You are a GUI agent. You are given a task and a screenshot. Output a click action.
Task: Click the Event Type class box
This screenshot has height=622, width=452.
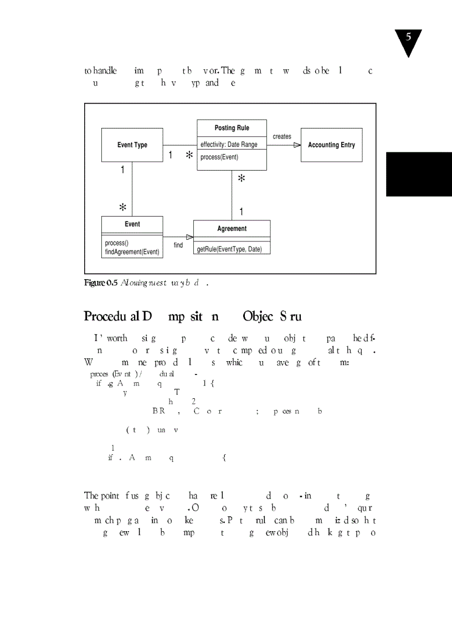pos(132,145)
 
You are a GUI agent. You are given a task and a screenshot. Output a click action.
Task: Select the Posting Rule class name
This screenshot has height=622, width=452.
pos(232,128)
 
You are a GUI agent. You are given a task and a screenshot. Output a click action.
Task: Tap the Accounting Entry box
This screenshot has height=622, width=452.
pos(331,145)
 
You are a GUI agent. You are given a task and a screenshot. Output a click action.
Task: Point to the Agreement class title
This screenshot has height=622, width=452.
pos(232,228)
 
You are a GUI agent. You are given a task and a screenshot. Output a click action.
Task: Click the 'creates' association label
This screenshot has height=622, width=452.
pos(282,136)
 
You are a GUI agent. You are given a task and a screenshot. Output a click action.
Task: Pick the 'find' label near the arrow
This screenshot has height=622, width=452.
pos(178,245)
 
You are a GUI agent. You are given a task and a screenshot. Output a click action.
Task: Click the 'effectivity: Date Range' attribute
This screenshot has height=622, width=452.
pos(229,145)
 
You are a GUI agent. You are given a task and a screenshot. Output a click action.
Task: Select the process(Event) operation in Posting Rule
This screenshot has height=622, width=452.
pos(219,157)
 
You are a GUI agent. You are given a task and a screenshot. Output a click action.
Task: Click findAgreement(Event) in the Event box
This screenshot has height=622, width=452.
pos(132,252)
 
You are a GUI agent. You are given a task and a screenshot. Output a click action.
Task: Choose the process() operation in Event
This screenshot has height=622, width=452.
pos(117,243)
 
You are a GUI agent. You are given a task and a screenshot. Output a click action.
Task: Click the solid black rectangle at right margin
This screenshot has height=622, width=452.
pos(419,174)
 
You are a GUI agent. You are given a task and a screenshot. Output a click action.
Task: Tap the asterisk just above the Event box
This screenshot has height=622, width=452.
pos(123,207)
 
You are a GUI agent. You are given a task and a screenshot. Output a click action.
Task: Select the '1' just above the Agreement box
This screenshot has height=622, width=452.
pos(241,212)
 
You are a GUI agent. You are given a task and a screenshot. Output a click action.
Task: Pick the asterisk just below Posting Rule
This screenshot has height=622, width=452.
pos(241,178)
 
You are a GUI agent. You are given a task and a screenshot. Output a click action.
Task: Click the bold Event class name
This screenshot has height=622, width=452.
pos(132,224)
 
